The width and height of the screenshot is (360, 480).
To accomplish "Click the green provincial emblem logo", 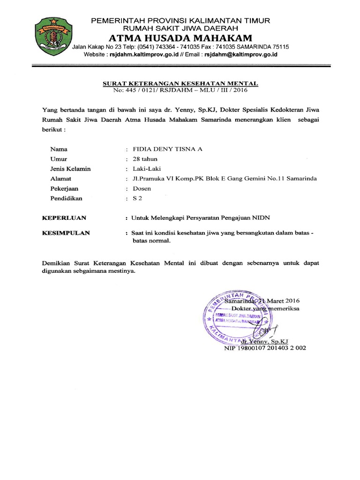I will click(51, 36).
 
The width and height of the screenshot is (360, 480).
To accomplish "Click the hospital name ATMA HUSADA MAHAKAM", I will click(180, 38).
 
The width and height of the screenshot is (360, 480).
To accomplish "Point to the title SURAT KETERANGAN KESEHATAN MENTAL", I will click(180, 83).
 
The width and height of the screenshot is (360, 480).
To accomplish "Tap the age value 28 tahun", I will click(145, 159).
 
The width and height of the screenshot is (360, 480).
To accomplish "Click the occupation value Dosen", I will click(142, 188).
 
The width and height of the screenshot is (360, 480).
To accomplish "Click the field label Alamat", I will click(60, 179).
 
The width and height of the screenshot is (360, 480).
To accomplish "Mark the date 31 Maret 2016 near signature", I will click(277, 300).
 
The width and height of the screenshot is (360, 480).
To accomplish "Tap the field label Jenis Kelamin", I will click(70, 169).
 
